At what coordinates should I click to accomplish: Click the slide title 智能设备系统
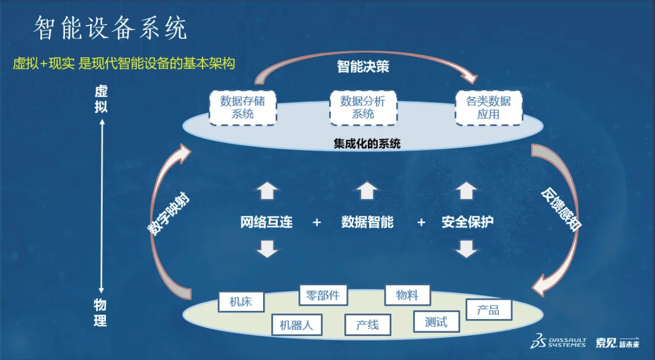(111, 29)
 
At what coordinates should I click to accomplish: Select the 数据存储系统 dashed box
(243, 107)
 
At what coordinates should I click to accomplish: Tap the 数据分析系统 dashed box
(363, 107)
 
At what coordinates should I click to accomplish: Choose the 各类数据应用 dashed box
(488, 107)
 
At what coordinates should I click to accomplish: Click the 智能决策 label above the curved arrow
(363, 66)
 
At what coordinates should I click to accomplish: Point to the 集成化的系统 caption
(367, 144)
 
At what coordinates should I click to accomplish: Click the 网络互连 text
(267, 222)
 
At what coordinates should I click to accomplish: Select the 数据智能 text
(367, 222)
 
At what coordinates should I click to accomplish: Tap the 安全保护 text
(467, 222)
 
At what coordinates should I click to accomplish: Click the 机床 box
(241, 302)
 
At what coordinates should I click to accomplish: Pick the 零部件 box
(323, 295)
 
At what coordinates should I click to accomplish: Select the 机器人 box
(296, 325)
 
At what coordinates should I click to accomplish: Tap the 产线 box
(367, 325)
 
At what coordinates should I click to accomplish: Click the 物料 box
(407, 295)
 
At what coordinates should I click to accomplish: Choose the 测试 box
(436, 322)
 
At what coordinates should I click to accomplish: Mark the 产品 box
(488, 310)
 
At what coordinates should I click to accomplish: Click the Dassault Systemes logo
(558, 342)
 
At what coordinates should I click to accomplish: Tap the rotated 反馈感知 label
(561, 210)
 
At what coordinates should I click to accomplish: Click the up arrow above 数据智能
(367, 191)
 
